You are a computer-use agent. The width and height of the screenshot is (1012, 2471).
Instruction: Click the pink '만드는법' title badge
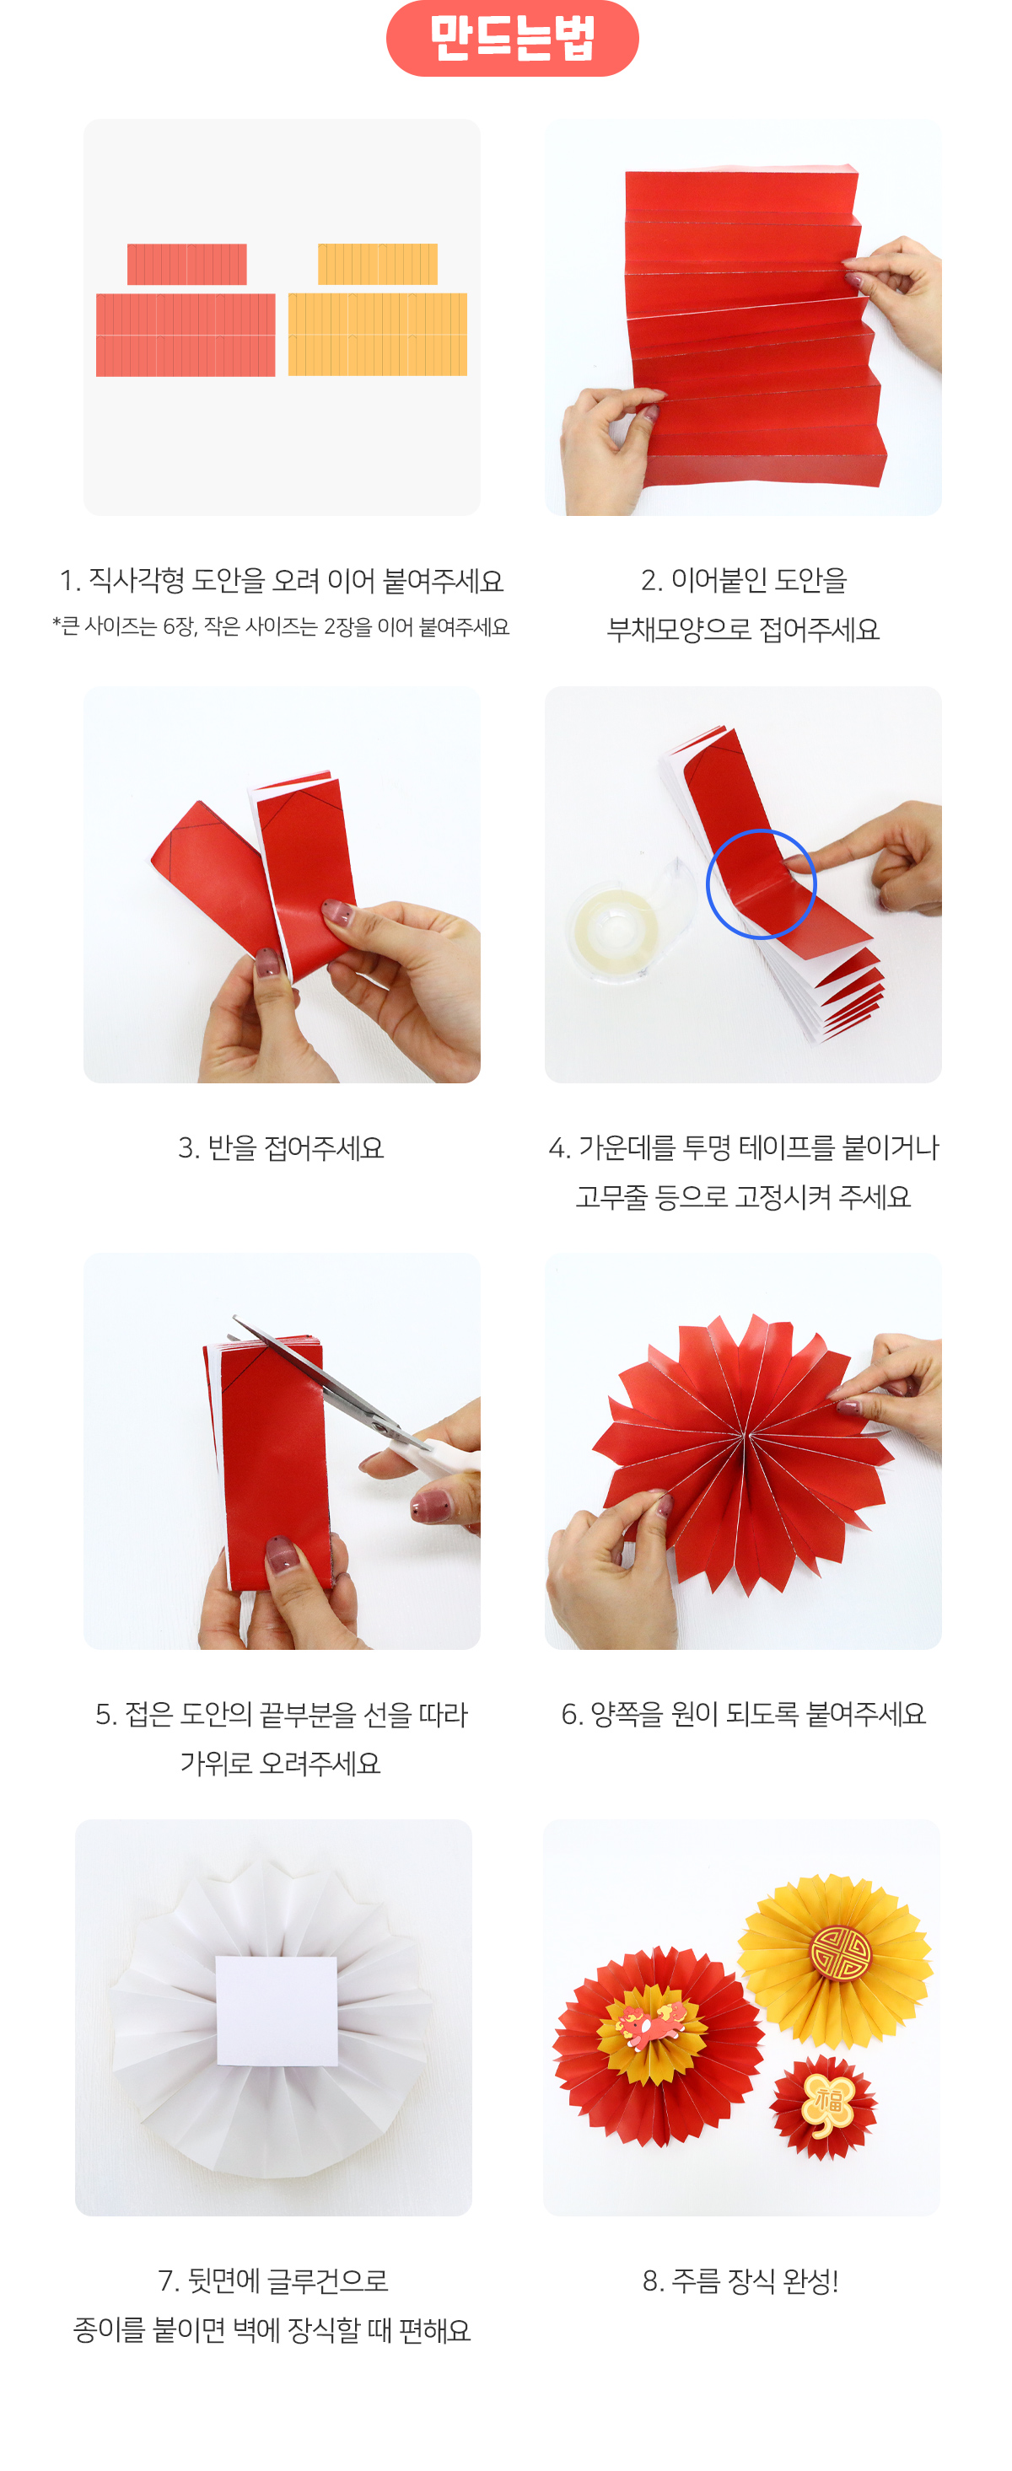pos(511,39)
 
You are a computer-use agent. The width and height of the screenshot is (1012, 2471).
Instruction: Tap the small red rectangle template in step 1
pos(187,264)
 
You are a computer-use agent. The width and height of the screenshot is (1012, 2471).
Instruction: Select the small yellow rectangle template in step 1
pos(377,264)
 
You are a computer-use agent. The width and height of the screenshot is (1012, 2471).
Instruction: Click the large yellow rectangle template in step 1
pos(377,334)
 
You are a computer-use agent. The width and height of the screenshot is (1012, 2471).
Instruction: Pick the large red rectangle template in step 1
pos(186,334)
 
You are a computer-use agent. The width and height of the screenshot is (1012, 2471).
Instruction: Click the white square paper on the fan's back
pos(277,2010)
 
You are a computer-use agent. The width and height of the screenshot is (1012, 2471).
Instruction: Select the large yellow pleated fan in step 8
pos(835,1957)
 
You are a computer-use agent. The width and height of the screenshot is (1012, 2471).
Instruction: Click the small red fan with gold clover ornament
pos(824,2108)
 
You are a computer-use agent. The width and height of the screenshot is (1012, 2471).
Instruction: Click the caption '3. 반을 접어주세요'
pos(281,1147)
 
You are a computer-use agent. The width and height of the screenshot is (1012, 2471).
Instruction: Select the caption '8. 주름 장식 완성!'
pos(740,2280)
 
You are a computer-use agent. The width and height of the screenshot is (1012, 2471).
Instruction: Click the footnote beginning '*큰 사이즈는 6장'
pos(281,626)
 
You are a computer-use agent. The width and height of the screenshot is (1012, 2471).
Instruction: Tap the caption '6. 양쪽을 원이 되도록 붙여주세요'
pos(744,1713)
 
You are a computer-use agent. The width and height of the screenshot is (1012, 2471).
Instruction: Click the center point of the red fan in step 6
pos(745,1435)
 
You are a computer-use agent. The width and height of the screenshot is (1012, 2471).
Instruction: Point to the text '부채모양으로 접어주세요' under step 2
pos(744,629)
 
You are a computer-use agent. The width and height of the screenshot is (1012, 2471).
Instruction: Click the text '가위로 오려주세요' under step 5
pos(281,1763)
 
